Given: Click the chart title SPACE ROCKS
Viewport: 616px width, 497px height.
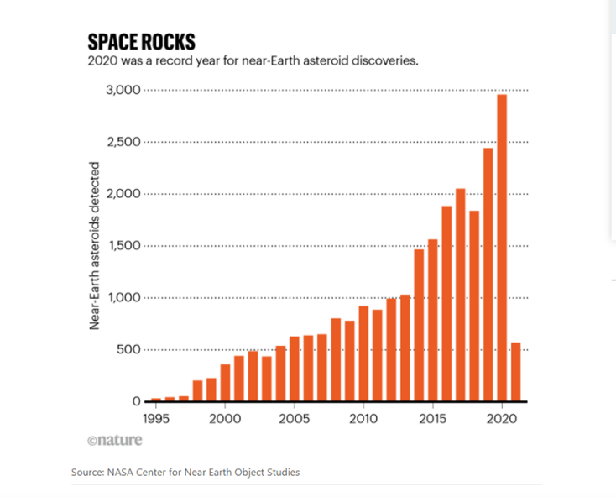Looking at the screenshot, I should coord(142,42).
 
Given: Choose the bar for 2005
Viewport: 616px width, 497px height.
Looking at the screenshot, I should coord(295,369).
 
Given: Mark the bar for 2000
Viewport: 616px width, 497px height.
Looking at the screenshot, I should coord(225,383).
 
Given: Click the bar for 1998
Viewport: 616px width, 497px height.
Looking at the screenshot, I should coord(197,391).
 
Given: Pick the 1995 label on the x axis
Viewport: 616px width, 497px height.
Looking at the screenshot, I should coord(156,418).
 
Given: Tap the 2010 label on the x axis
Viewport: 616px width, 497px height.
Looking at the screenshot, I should coord(363,418).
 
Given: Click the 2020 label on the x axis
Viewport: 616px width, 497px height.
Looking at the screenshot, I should coord(502,418).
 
